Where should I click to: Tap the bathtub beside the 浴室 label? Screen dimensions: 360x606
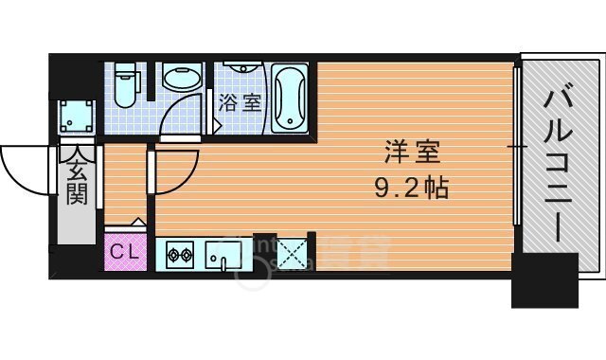(289, 99)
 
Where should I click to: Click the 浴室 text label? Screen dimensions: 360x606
(240, 102)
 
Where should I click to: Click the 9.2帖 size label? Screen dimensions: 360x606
(406, 186)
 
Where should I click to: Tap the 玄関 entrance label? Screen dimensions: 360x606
(76, 180)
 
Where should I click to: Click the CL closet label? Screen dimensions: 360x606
(123, 252)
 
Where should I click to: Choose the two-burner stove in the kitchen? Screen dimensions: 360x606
(180, 254)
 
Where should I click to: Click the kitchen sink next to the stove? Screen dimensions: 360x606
(225, 254)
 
